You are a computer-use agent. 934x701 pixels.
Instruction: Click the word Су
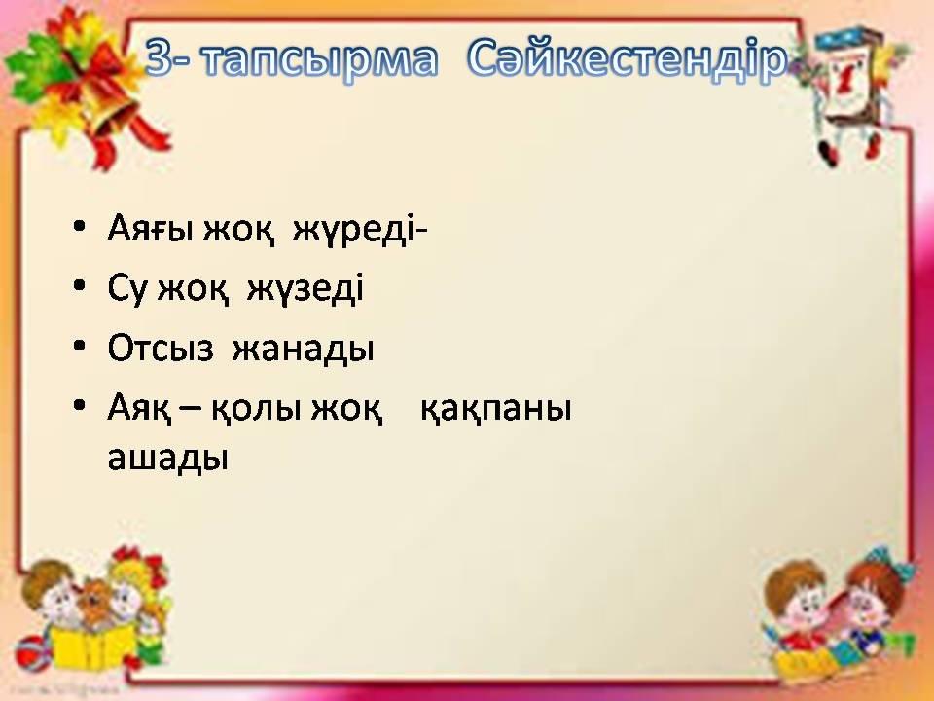pos(126,288)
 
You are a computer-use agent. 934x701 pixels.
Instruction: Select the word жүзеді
pos(305,288)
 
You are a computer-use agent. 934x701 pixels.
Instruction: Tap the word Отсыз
pos(161,349)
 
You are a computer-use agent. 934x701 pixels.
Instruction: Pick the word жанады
pos(304,350)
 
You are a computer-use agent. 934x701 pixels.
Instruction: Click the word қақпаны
pos(496,410)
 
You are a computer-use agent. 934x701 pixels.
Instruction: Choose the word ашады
pos(168,459)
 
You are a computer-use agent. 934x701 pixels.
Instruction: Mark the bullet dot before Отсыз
pos(79,347)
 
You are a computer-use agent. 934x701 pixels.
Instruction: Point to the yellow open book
pos(87,647)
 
